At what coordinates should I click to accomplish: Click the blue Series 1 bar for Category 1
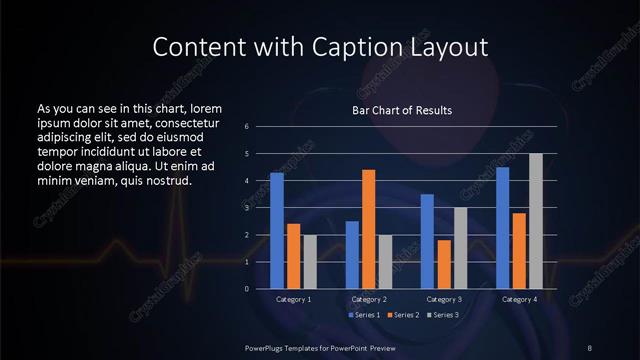pyautogui.click(x=277, y=231)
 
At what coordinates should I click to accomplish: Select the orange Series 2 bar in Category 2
pyautogui.click(x=368, y=229)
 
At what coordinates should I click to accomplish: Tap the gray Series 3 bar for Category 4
pyautogui.click(x=535, y=221)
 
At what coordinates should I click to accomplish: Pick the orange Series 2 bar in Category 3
pyautogui.click(x=443, y=264)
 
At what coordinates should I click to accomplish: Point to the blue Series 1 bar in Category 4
pyautogui.click(x=502, y=228)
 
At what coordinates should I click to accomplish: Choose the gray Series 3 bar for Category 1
pyautogui.click(x=310, y=262)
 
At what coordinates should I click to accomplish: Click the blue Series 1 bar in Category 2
pyautogui.click(x=352, y=255)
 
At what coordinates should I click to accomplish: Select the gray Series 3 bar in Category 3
pyautogui.click(x=460, y=248)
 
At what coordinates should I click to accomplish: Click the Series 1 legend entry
pyautogui.click(x=364, y=315)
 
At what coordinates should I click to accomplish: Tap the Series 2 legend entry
pyautogui.click(x=402, y=315)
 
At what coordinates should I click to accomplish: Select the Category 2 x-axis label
pyautogui.click(x=369, y=299)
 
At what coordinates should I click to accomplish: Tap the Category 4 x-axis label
pyautogui.click(x=519, y=299)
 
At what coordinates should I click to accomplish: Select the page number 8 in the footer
pyautogui.click(x=590, y=347)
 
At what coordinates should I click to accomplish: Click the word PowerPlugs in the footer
pyautogui.click(x=267, y=347)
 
